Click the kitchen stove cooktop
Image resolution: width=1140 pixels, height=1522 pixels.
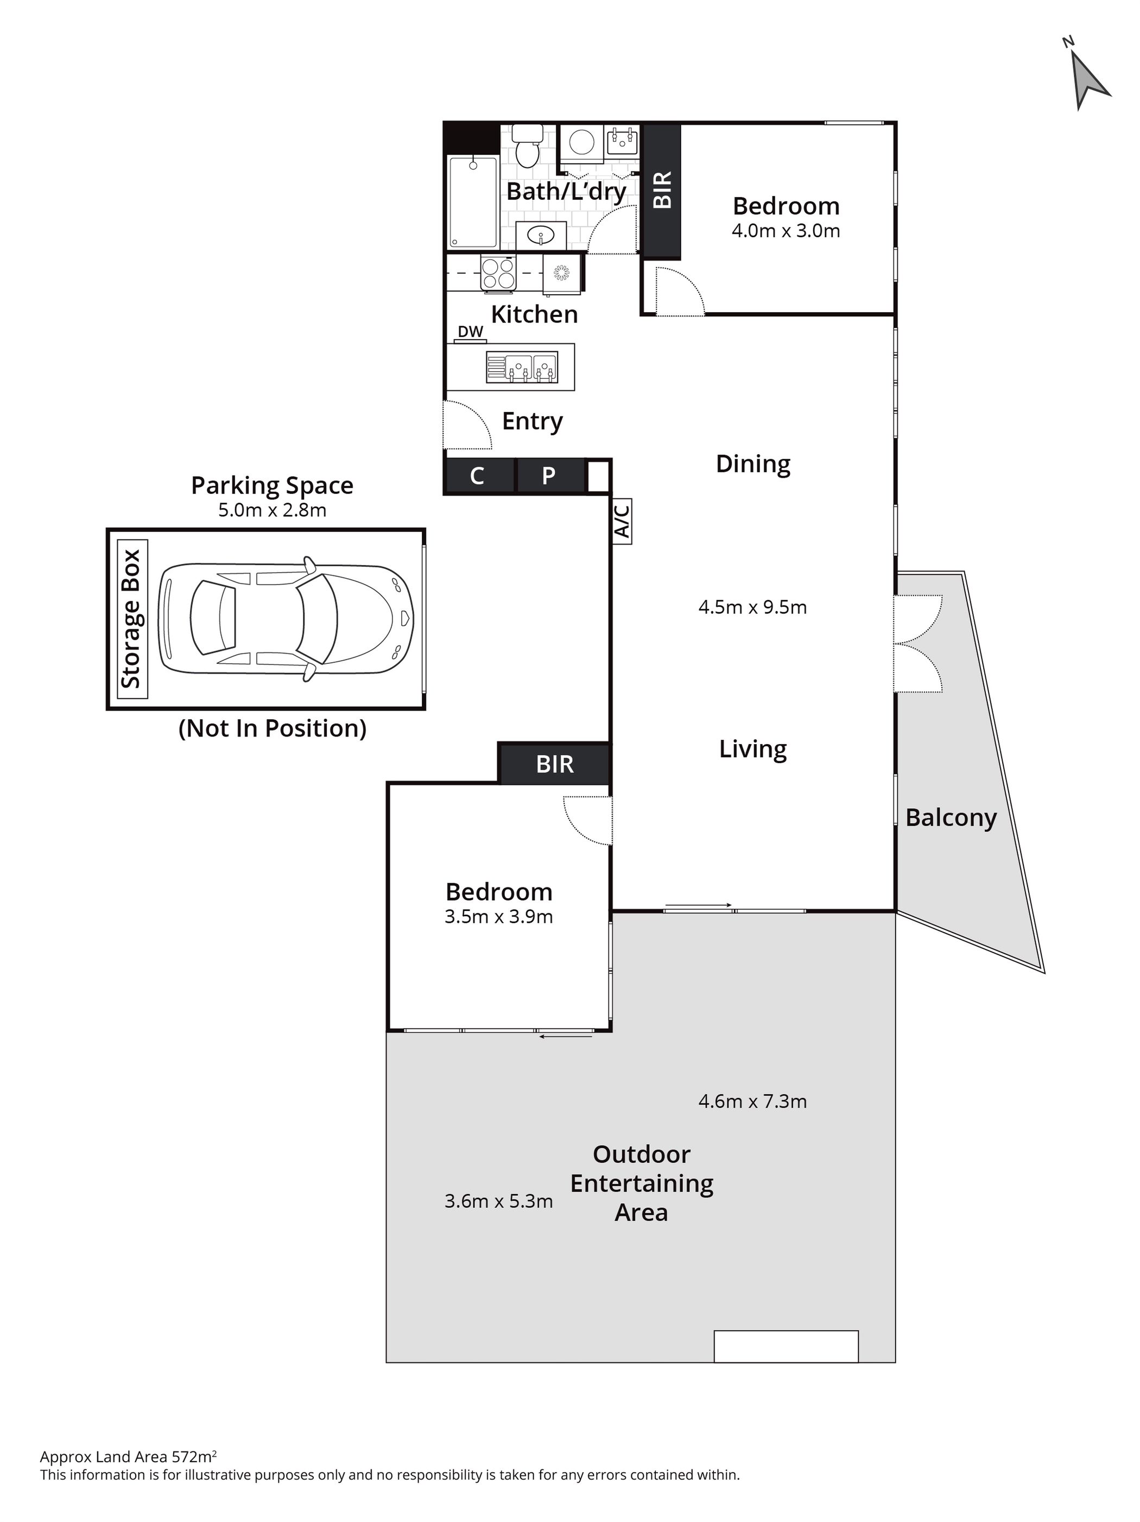click(x=498, y=273)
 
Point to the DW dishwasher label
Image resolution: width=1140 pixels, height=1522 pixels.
click(x=471, y=332)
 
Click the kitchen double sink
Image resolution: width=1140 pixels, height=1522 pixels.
click(x=522, y=367)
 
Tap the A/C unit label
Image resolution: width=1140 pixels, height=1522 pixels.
click(x=621, y=522)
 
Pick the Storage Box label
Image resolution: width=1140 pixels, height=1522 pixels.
click(x=131, y=619)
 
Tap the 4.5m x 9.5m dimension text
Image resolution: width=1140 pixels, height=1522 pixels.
click(x=752, y=607)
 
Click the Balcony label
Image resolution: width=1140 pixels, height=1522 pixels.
click(x=951, y=817)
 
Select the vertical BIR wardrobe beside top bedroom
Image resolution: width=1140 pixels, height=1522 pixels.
click(x=661, y=191)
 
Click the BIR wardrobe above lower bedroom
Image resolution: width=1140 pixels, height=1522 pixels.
click(x=554, y=764)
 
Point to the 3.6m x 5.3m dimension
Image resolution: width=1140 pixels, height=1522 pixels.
click(x=498, y=1201)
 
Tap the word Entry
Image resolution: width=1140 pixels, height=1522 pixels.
click(x=532, y=421)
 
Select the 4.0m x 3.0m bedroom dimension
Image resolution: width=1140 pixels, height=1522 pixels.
click(x=786, y=231)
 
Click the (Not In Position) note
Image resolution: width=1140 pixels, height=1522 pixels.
click(x=273, y=728)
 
